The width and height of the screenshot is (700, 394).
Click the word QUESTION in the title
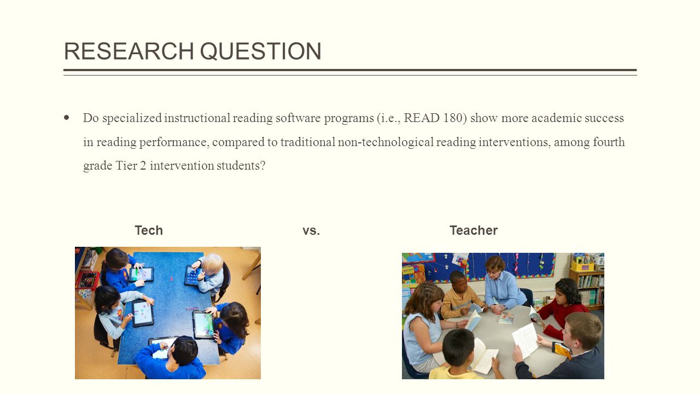260,51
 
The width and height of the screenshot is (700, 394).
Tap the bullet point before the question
67,118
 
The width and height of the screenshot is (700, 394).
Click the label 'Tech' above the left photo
149,230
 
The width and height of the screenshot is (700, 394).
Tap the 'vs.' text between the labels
311,230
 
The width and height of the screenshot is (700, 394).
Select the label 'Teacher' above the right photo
474,230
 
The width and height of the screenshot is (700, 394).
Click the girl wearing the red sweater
563,306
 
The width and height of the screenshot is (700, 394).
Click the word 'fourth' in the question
608,142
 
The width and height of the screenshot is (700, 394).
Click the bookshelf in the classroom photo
588,285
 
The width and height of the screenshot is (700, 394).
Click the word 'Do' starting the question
91,118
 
